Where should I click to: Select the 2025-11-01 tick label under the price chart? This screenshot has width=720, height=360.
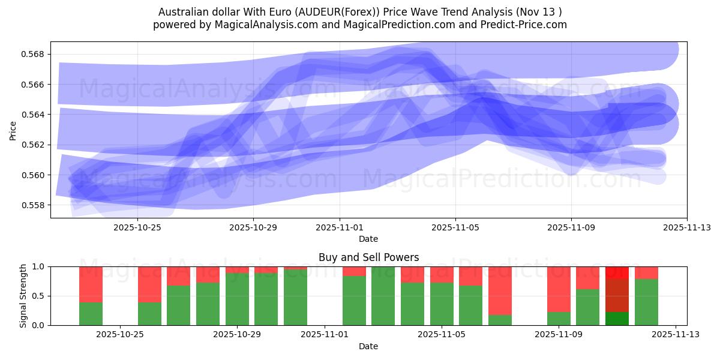click(340, 227)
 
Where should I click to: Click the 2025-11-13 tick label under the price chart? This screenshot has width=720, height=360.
click(686, 227)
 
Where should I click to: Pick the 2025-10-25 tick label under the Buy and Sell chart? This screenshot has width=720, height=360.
click(121, 335)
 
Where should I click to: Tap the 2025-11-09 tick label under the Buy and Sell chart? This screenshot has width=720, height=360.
click(559, 335)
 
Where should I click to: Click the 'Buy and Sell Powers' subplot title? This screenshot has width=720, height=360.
click(368, 257)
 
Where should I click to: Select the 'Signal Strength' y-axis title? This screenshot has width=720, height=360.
click(23, 296)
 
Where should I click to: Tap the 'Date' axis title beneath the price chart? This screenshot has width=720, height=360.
click(368, 239)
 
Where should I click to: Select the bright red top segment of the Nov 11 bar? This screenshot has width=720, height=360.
click(617, 272)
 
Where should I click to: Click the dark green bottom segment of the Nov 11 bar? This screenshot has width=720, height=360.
click(617, 319)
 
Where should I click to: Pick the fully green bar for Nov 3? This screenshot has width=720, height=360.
click(383, 296)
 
